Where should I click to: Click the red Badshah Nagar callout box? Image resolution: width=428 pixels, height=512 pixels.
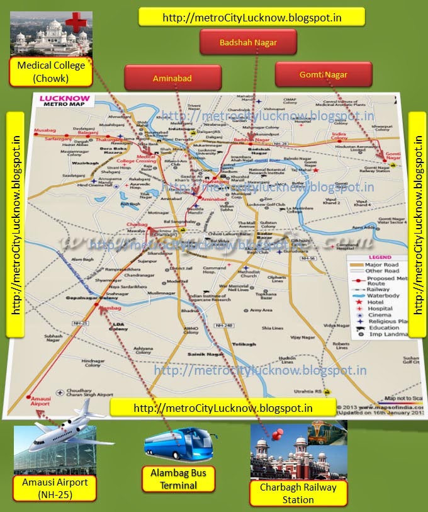(x=248, y=42)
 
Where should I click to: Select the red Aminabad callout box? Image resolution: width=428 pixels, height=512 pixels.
(x=172, y=78)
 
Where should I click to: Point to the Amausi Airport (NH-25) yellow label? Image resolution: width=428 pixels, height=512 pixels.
(x=55, y=488)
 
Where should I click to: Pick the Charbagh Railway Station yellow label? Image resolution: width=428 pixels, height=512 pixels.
(x=298, y=493)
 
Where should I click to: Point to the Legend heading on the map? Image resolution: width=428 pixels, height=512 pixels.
(x=380, y=258)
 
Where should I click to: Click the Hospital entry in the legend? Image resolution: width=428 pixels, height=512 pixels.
(x=380, y=309)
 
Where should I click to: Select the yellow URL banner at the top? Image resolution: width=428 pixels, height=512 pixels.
(x=252, y=17)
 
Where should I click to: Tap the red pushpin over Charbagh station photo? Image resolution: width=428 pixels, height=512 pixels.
(x=278, y=434)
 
